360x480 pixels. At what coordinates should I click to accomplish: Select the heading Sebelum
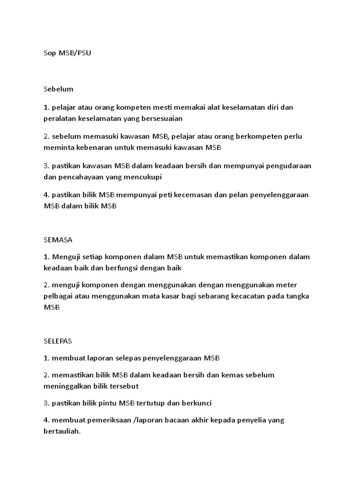(59, 89)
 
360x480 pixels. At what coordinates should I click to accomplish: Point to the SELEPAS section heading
(58, 341)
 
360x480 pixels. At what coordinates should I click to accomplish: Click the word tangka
(298, 296)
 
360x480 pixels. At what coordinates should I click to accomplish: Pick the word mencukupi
(139, 177)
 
